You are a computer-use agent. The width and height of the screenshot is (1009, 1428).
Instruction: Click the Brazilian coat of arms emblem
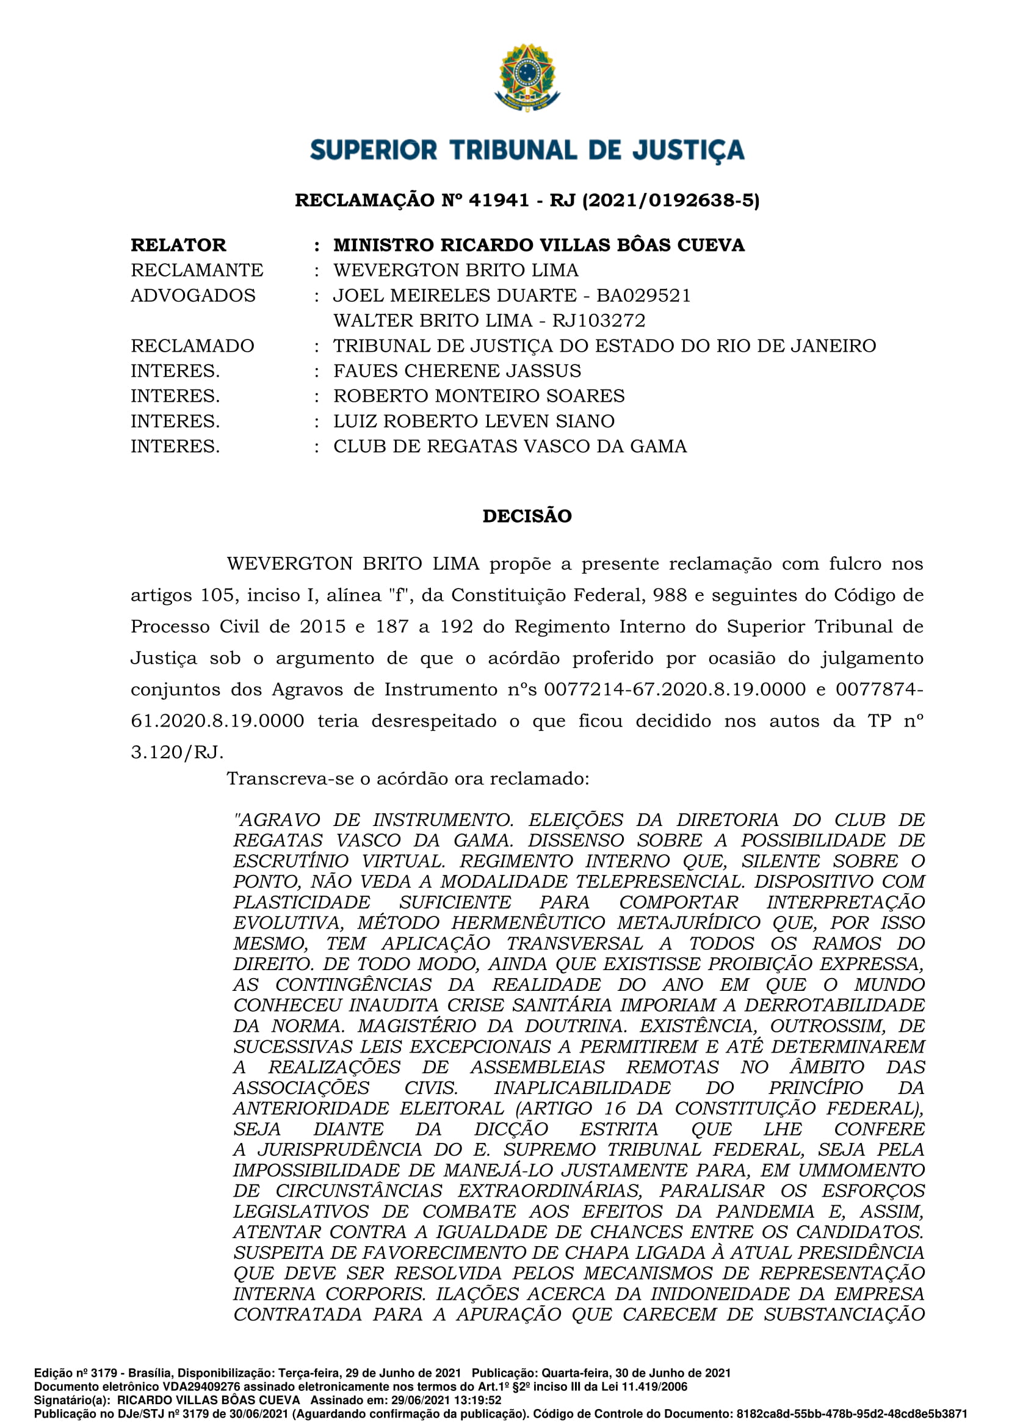[x=527, y=77]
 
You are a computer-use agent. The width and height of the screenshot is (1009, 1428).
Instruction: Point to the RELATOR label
[x=178, y=245]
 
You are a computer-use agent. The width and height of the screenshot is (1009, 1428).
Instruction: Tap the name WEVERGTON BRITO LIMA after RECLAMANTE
[x=456, y=270]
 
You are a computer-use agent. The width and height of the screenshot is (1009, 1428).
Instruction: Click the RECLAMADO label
[x=192, y=346]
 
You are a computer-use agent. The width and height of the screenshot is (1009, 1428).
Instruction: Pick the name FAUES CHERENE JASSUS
[x=457, y=371]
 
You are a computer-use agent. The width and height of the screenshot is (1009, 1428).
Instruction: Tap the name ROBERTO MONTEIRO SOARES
[x=479, y=396]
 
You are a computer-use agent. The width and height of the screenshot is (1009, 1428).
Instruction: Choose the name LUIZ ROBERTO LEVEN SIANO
[x=474, y=421]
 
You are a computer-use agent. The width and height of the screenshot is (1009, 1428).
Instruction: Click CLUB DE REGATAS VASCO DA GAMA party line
[x=510, y=446]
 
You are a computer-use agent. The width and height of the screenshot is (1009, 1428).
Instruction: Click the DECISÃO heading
[x=527, y=516]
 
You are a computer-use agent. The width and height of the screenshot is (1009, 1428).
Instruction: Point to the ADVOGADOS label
[x=193, y=295]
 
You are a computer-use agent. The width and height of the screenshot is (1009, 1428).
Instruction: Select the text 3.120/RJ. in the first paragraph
[x=176, y=753]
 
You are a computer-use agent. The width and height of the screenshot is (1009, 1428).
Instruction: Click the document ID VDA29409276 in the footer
[x=201, y=1386]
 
